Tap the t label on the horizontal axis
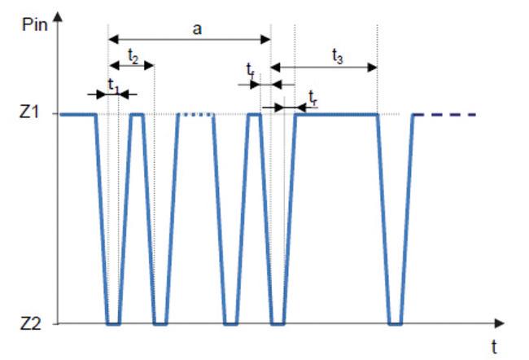pos(493,347)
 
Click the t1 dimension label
pos(113,85)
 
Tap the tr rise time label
pos(313,97)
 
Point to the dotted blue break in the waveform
pos(196,114)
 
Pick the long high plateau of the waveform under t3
pos(337,114)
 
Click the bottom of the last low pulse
pos(396,323)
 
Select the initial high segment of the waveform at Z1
pos(78,114)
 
